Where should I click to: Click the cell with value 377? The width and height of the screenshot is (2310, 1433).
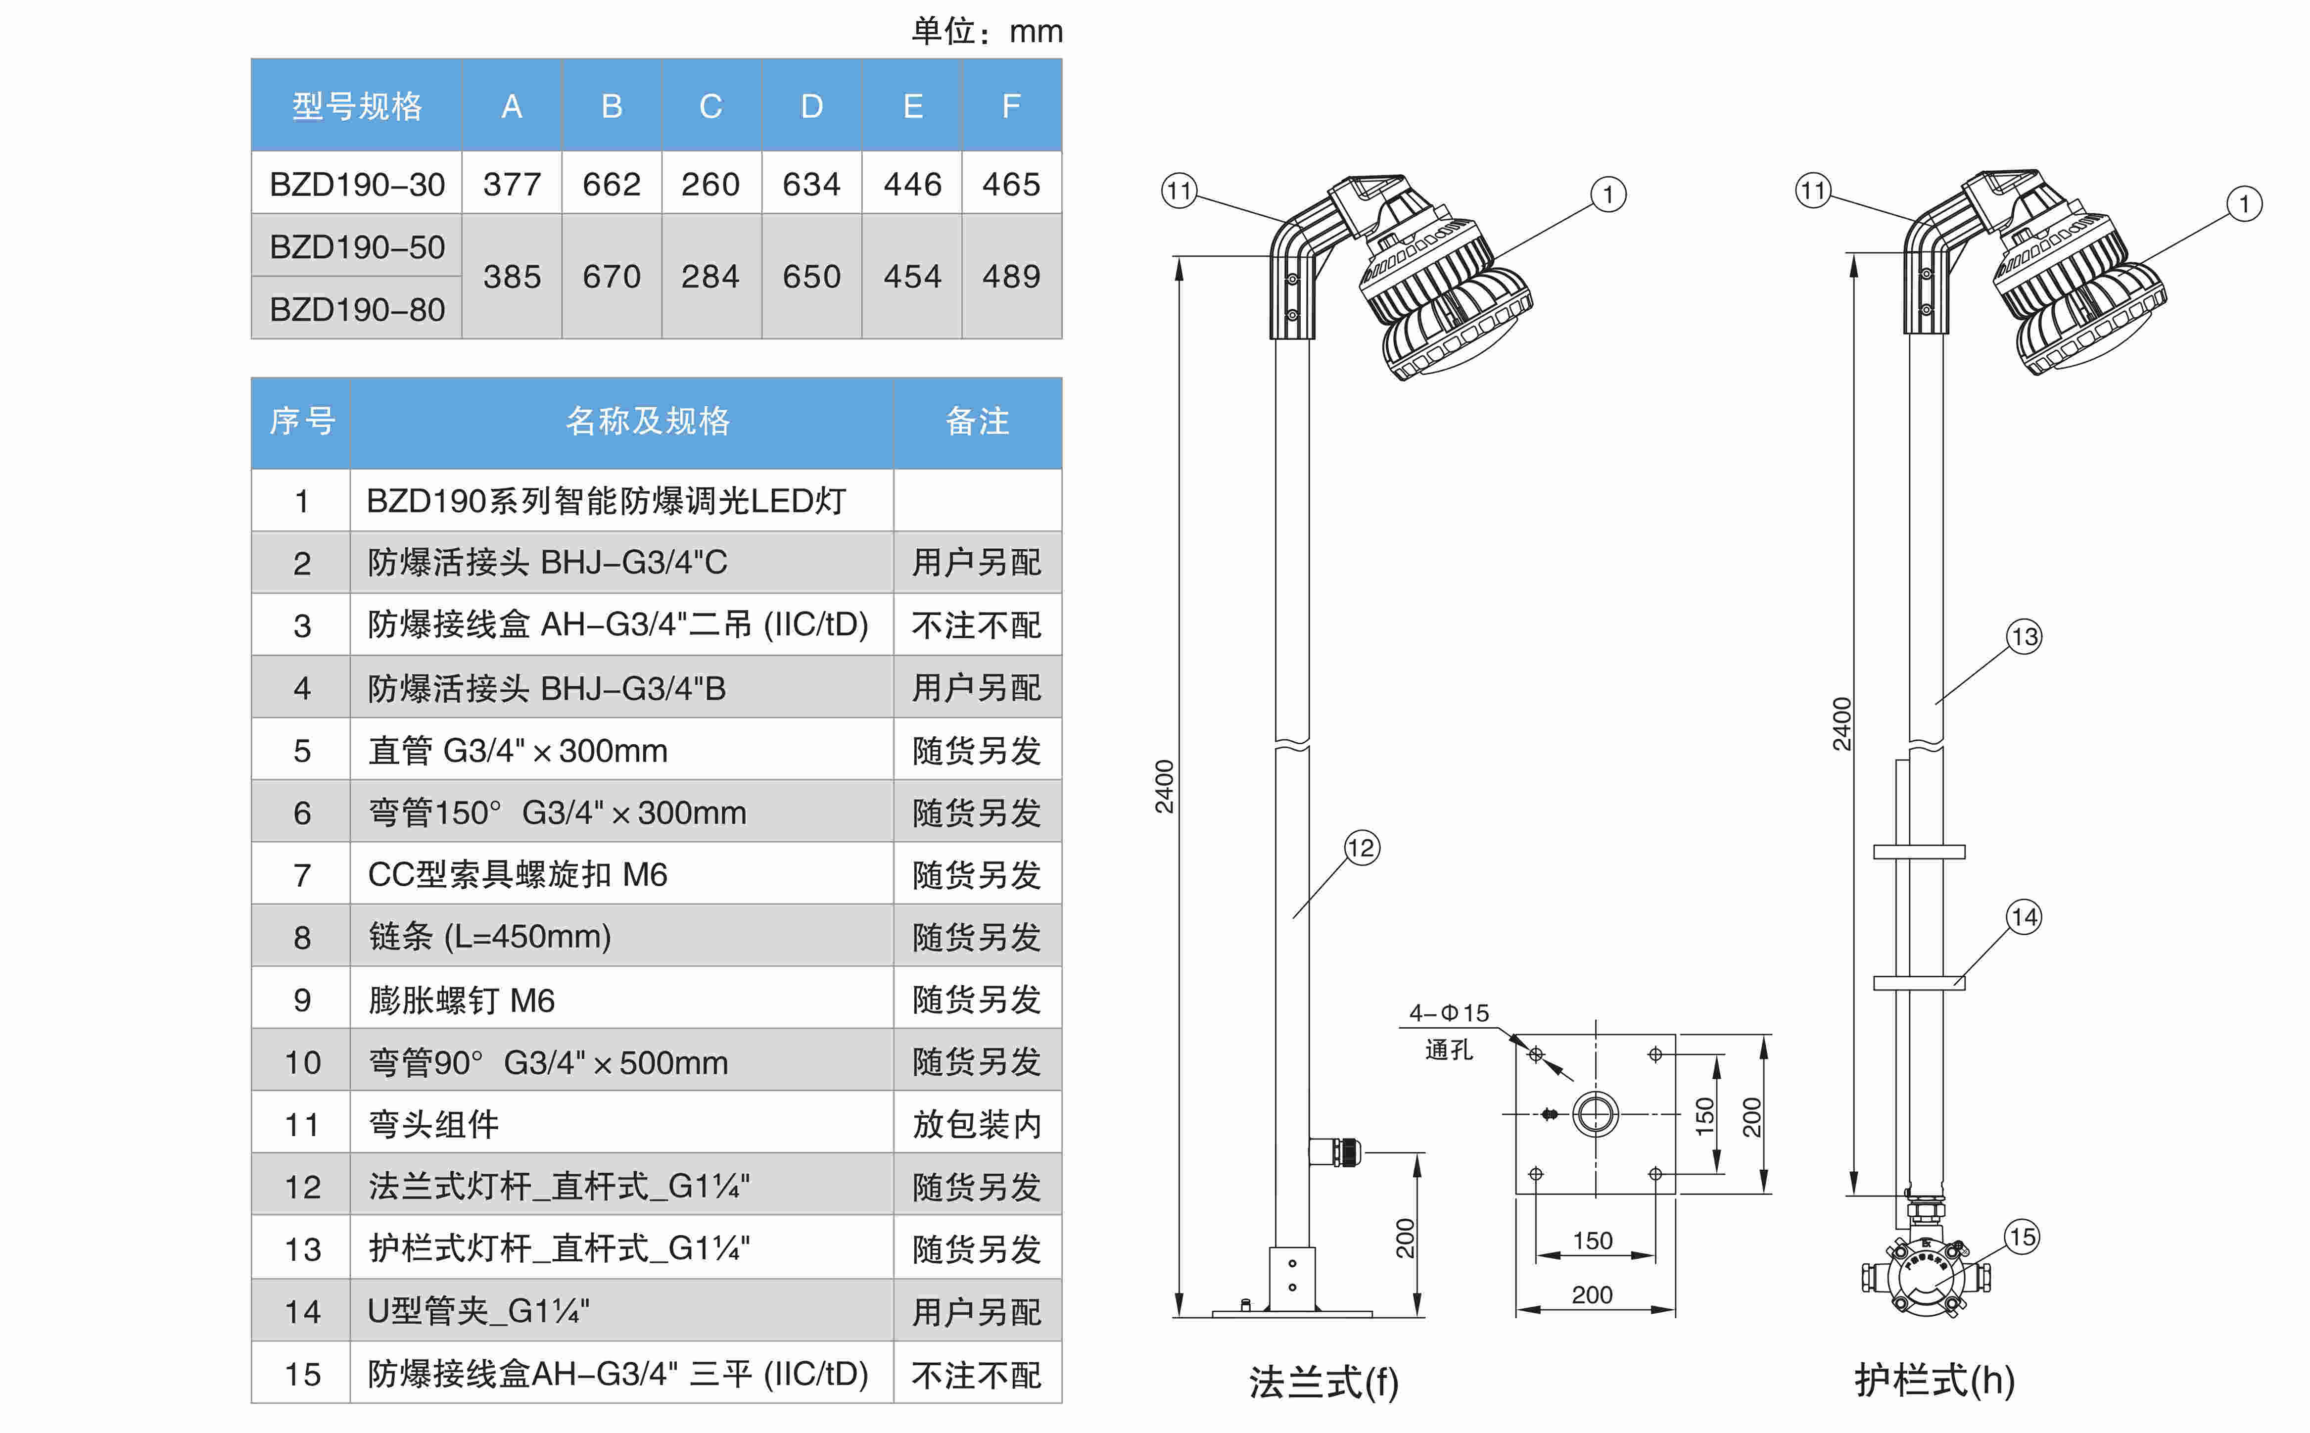[x=512, y=184]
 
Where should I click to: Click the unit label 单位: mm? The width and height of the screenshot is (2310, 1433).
[x=987, y=31]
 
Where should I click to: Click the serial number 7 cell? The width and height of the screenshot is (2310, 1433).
[x=301, y=875]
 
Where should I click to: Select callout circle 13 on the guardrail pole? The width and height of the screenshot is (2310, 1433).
[x=2024, y=637]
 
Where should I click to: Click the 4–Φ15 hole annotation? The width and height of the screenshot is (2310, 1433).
[x=1449, y=1013]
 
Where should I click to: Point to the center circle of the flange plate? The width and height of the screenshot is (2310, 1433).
[x=1596, y=1114]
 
